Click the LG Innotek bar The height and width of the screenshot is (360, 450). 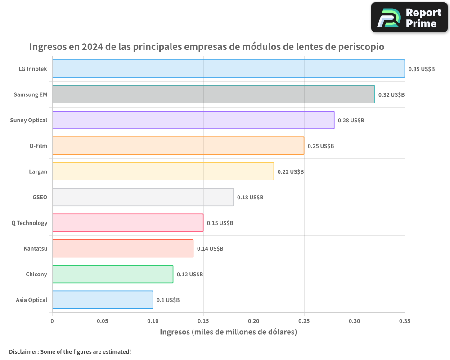[x=228, y=69]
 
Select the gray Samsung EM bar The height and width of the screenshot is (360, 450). [x=213, y=94]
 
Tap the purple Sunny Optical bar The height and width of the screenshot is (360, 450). [x=193, y=120]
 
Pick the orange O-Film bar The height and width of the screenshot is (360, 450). [x=178, y=146]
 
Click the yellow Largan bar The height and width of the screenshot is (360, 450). [x=163, y=171]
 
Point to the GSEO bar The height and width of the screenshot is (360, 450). [x=143, y=197]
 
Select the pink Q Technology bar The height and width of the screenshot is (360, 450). [x=128, y=223]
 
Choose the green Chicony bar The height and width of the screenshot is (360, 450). [x=112, y=274]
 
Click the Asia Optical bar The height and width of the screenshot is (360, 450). [x=103, y=300]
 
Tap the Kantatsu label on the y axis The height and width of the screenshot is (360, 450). [x=35, y=248]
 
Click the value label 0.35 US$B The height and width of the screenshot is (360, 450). [x=422, y=69]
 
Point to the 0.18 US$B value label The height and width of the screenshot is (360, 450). [x=250, y=198]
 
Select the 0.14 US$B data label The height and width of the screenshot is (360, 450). [x=210, y=249]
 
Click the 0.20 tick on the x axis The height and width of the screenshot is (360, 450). [x=254, y=321]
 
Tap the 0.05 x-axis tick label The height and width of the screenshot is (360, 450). [x=103, y=321]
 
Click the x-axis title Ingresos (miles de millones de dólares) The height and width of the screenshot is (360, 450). [x=229, y=332]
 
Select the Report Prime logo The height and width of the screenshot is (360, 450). [x=409, y=18]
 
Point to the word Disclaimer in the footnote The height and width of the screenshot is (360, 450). [x=23, y=351]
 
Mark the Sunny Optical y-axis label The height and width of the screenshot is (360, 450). [x=28, y=120]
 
